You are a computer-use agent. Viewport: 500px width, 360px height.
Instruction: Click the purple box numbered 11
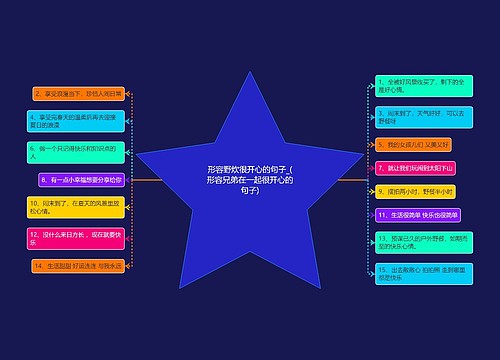[417, 215]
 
